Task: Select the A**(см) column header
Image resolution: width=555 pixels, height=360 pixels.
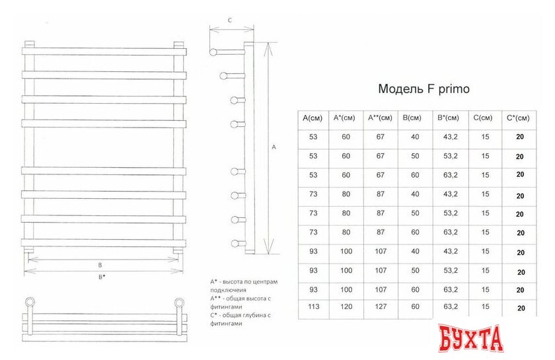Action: click(x=380, y=118)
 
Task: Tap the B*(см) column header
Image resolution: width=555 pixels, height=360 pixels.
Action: click(x=448, y=118)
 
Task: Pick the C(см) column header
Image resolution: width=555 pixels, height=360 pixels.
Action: click(x=482, y=118)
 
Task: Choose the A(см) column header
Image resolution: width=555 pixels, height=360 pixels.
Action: click(x=313, y=118)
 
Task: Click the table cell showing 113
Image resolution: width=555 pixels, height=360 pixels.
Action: click(x=313, y=306)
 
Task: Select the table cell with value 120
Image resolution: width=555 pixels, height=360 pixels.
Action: click(x=346, y=306)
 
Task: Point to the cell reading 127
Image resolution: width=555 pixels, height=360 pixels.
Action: click(x=380, y=306)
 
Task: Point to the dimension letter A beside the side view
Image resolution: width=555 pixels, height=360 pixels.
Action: click(x=274, y=149)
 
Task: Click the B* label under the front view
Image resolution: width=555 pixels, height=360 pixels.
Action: click(x=102, y=277)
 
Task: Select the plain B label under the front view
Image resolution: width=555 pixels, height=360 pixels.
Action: click(x=99, y=265)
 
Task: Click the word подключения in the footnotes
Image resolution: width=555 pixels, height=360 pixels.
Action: click(x=228, y=290)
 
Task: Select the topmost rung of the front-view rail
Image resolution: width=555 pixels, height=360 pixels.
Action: click(x=102, y=51)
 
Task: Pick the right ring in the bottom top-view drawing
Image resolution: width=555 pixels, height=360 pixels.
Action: click(x=178, y=303)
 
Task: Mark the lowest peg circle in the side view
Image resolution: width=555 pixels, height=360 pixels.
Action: click(x=234, y=242)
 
